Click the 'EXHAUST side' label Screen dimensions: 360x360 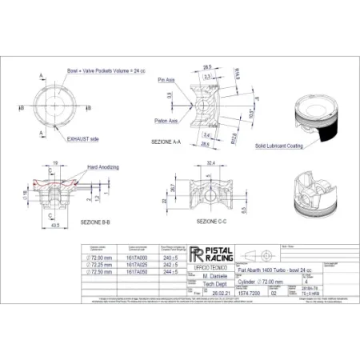click(83, 138)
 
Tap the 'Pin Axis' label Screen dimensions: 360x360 click(166, 81)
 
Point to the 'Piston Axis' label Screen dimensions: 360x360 click(167, 120)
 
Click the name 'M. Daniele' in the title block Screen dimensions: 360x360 click(206, 274)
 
